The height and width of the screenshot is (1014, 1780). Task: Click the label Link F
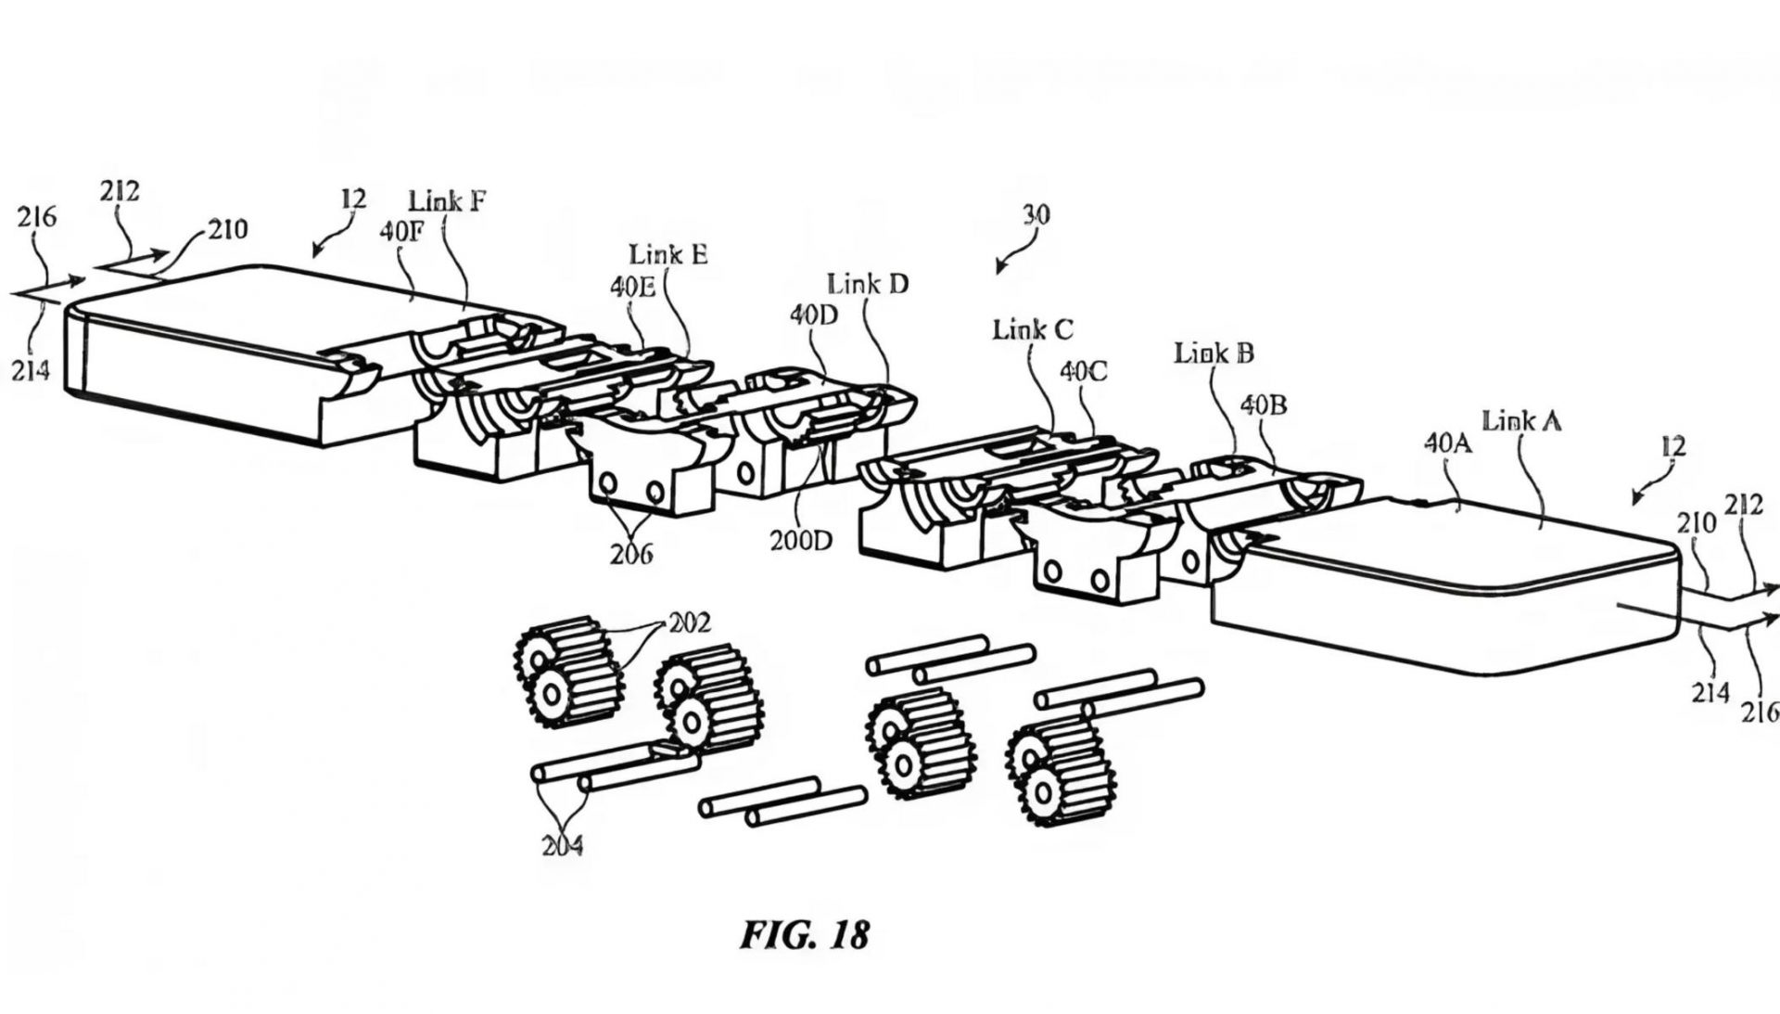[447, 200]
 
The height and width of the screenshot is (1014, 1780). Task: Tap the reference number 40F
[400, 231]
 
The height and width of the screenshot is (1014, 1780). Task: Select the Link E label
[667, 254]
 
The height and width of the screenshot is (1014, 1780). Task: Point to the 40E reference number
[632, 287]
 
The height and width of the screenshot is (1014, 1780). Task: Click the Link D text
[868, 283]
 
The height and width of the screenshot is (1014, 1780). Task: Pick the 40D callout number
[813, 315]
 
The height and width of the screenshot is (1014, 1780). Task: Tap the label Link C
[1033, 328]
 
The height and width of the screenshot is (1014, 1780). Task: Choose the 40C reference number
[1083, 371]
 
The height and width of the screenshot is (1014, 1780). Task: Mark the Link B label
[1214, 353]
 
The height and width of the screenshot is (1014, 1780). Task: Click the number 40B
[1263, 405]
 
